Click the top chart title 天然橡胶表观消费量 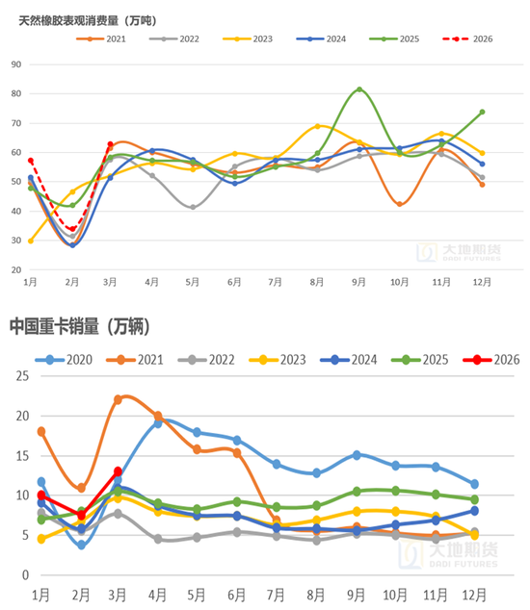(88, 20)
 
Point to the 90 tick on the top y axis (16, 64)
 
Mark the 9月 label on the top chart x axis (359, 282)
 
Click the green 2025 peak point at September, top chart (359, 89)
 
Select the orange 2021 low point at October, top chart (400, 204)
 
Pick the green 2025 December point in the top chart (482, 112)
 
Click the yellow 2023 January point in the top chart (31, 241)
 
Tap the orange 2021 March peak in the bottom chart (118, 399)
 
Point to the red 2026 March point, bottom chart (118, 471)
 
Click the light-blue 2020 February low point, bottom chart (82, 545)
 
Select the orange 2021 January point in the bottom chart (41, 431)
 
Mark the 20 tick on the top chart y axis (16, 269)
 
